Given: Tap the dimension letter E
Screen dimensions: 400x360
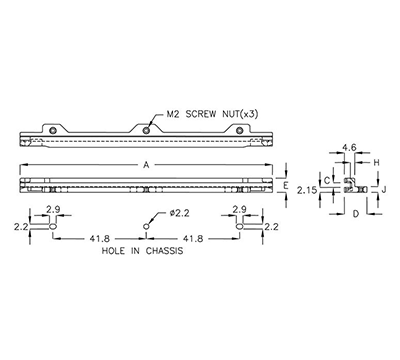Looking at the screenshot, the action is (286, 187).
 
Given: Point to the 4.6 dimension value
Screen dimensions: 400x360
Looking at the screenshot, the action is (349, 147).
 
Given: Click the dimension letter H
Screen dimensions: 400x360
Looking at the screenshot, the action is (376, 161).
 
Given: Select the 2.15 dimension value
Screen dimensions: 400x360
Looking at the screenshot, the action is (310, 189).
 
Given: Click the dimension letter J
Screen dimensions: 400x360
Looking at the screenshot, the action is (382, 187).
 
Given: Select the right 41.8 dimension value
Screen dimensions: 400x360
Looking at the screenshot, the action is (194, 239).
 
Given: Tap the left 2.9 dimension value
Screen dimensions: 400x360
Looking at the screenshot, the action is (53, 208).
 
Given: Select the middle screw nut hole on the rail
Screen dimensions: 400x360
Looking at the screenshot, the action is (146, 130).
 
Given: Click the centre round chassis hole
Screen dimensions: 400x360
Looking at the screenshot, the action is (146, 227).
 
